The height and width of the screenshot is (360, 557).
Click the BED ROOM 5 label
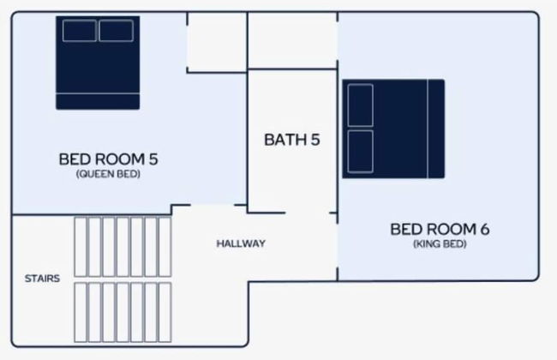108,159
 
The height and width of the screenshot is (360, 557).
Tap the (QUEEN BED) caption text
108,173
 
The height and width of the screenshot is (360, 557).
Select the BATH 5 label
291,140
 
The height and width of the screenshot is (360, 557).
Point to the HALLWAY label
241,243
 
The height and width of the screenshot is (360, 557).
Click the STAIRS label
42,279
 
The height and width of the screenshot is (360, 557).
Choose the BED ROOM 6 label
440,229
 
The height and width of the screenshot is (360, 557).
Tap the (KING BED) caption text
440,243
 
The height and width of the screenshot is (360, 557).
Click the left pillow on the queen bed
80,31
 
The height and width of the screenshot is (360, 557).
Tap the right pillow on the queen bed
116,31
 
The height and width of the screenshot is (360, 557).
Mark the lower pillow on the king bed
361,151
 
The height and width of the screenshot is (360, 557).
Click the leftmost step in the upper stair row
81,246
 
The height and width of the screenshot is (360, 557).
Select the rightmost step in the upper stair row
164,246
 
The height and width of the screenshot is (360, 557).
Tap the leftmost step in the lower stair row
81,312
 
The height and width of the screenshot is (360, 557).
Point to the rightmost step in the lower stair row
164,312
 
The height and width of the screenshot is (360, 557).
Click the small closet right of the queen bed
216,43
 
